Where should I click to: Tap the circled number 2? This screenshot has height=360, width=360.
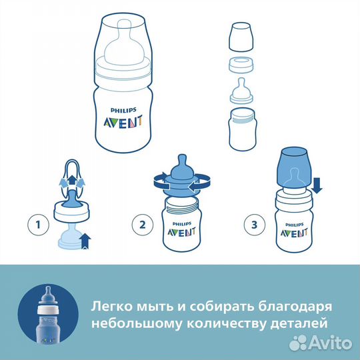tap(140, 225)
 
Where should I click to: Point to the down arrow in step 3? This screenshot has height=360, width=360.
tap(317, 185)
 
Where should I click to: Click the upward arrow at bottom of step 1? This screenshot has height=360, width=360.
tap(84, 239)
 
